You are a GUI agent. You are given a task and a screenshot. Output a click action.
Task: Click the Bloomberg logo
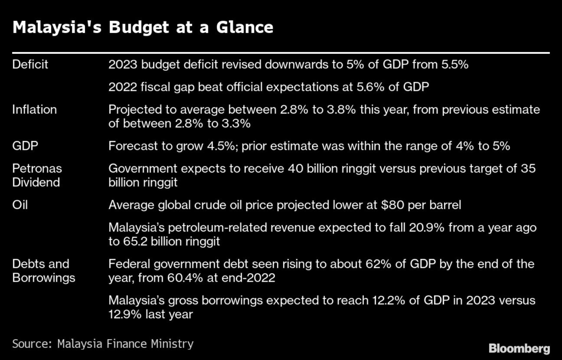tap(519, 348)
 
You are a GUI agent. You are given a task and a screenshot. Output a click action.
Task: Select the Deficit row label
tap(30, 65)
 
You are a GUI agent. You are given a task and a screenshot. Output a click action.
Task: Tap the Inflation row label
tap(34, 110)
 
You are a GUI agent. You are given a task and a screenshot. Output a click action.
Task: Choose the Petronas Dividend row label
tap(37, 176)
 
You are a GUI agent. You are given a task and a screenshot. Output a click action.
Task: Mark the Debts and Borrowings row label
tap(44, 271)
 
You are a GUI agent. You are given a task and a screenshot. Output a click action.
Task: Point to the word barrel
tap(442, 205)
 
